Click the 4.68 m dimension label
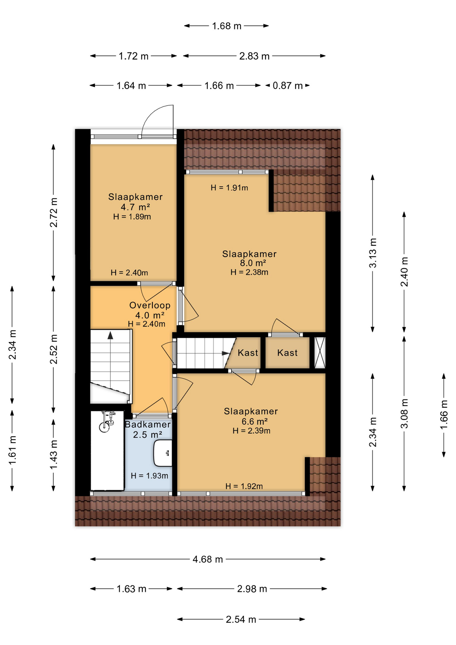[x=208, y=559]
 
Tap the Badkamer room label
[x=148, y=424]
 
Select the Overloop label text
[x=150, y=305]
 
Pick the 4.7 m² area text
[x=135, y=207]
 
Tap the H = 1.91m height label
[x=229, y=188]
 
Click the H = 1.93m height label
[x=149, y=476]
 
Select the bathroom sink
[x=163, y=453]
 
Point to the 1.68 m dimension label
[x=227, y=26]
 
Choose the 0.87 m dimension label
[x=288, y=86]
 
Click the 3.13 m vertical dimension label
[x=373, y=253]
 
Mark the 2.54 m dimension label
[x=241, y=619]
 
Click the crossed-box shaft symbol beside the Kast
[x=320, y=353]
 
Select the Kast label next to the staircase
[x=248, y=353]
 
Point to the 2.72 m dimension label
[x=54, y=213]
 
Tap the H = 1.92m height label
[x=244, y=486]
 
